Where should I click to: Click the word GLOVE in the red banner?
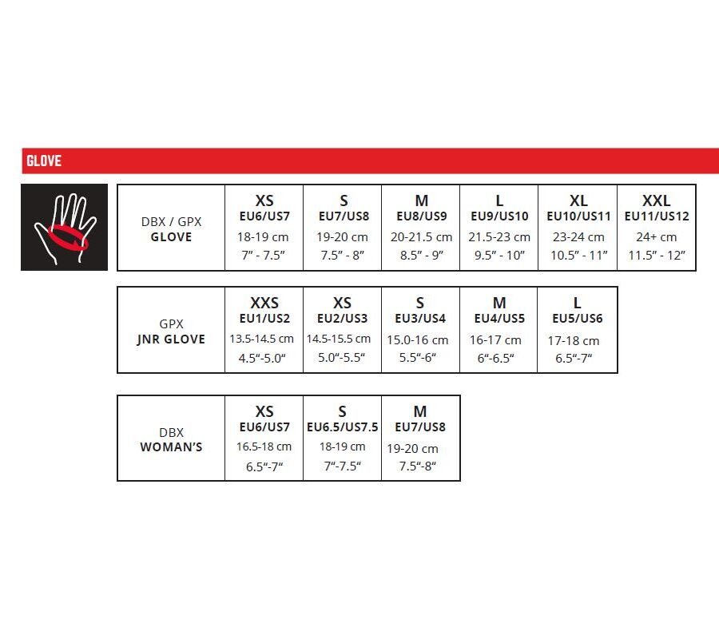point(44,161)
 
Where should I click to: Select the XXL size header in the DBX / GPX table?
point(656,200)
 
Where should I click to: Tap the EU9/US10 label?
point(499,216)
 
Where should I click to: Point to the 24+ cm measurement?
point(656,237)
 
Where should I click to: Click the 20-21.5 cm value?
point(421,237)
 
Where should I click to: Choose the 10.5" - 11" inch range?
point(578,255)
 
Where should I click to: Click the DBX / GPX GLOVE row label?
point(171,229)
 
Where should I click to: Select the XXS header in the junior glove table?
point(264,303)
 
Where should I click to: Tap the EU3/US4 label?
point(420,318)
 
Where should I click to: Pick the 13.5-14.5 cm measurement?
point(261,339)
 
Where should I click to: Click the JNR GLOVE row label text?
point(171,339)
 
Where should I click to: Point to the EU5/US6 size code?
point(578,318)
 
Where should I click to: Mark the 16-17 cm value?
point(495,340)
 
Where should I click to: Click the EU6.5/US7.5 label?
point(343,427)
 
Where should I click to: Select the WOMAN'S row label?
point(171,447)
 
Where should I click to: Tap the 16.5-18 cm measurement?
point(264,447)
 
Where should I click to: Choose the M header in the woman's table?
point(420,411)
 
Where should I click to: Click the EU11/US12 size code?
point(657,216)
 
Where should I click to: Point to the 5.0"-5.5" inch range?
point(342,357)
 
